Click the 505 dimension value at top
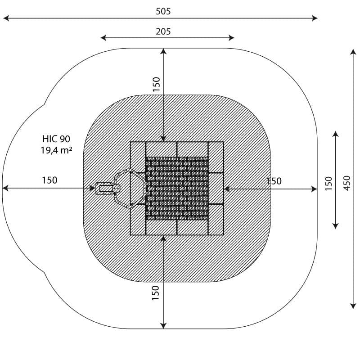click(x=163, y=11)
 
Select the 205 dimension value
click(x=163, y=31)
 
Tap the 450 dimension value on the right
click(x=347, y=183)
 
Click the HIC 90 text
click(x=56, y=139)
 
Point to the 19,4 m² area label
click(x=57, y=150)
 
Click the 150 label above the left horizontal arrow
click(x=49, y=180)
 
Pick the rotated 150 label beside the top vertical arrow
click(x=156, y=84)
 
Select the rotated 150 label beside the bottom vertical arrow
click(x=155, y=293)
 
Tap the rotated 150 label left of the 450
click(x=328, y=184)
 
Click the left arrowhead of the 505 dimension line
click(x=6, y=18)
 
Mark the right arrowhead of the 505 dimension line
click(x=315, y=18)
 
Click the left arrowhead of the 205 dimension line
click(x=103, y=38)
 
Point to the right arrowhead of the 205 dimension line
click(x=231, y=38)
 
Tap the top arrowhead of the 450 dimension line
click(x=353, y=52)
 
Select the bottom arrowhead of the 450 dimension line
click(x=353, y=306)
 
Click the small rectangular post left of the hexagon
click(x=108, y=189)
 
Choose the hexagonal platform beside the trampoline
click(x=130, y=189)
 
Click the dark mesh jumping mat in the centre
click(x=177, y=189)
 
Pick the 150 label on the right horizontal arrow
click(x=274, y=181)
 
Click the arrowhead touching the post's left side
click(x=92, y=188)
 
